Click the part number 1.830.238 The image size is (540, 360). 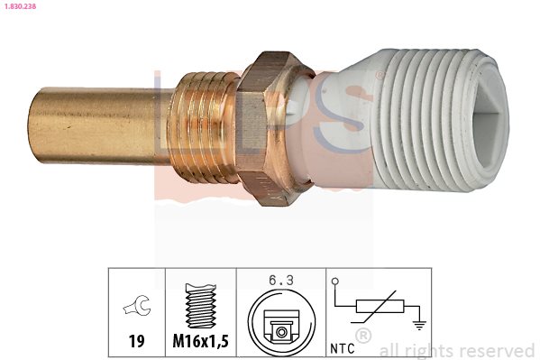click(20, 5)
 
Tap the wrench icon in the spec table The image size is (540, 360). click(137, 306)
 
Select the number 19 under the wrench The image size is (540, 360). click(137, 341)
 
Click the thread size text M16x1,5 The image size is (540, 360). click(200, 341)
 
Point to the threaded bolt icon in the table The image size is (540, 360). click(201, 305)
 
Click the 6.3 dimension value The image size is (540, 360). click(281, 281)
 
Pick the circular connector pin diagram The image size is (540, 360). click(281, 322)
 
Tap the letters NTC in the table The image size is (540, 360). click(343, 348)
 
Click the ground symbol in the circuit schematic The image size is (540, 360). click(419, 325)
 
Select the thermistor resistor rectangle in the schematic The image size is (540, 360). click(380, 306)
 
